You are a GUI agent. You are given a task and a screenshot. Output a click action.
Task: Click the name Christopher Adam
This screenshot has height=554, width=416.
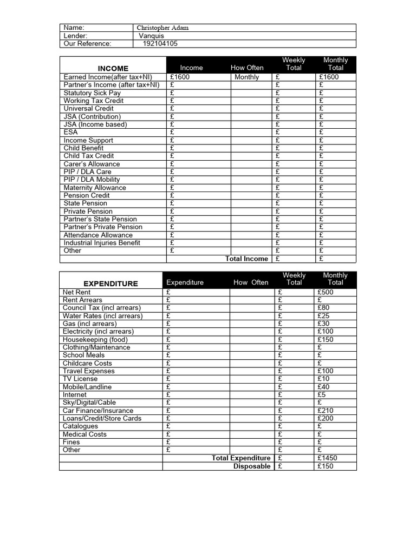(162, 28)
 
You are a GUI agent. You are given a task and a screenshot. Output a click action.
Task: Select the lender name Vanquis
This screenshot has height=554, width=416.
(151, 36)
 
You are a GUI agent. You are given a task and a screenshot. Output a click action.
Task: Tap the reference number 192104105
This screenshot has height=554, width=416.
(160, 44)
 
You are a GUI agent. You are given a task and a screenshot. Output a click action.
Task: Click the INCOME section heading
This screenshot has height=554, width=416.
(113, 68)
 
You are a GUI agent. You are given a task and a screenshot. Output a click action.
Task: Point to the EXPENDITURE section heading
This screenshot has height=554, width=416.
(110, 283)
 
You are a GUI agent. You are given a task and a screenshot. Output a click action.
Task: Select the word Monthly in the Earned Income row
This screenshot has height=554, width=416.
(247, 77)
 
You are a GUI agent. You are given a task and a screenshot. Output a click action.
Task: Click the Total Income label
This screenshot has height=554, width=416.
(246, 259)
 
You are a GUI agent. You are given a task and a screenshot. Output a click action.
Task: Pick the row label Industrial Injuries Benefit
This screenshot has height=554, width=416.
(102, 243)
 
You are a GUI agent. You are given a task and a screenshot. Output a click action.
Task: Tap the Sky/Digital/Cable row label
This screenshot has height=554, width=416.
(89, 403)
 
